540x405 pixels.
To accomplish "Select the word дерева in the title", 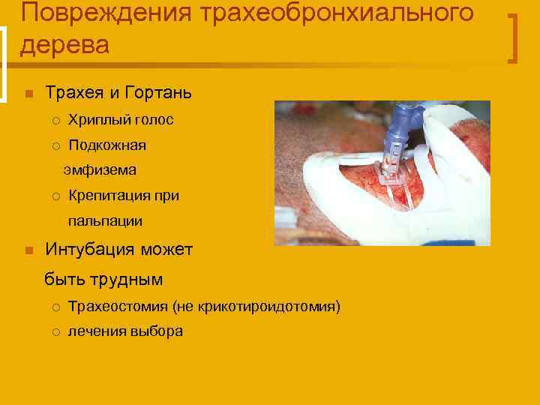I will [64, 45].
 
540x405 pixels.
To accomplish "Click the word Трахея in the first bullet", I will [73, 93].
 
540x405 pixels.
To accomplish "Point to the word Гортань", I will [161, 93].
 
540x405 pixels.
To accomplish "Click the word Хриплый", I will [100, 120].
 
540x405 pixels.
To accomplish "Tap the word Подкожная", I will [107, 145].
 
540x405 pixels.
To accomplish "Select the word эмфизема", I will [100, 170].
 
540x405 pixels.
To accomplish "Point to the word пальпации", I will [105, 221].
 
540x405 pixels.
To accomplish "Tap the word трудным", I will [124, 279].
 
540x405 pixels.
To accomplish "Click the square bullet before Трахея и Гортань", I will [28, 94].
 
